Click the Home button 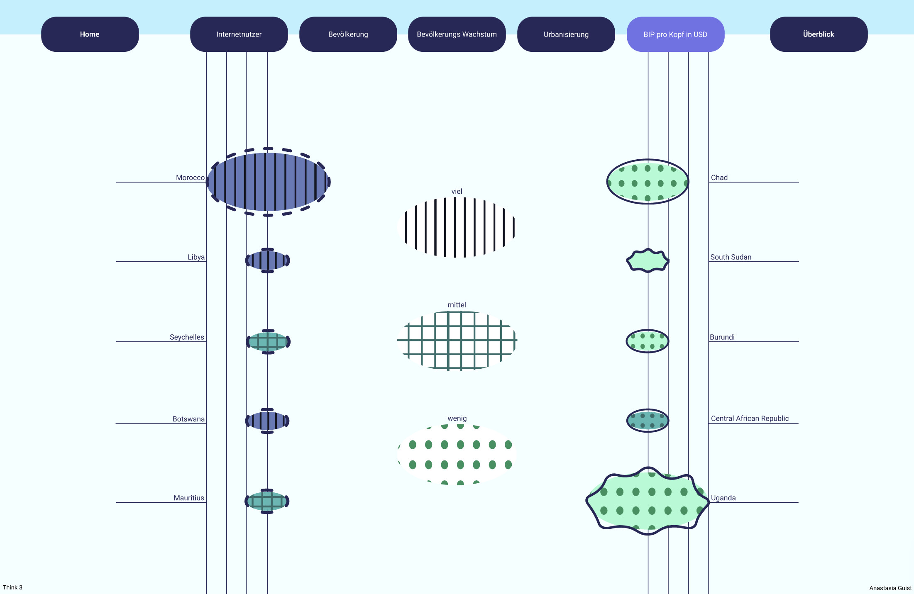tap(90, 34)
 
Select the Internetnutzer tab tap(239, 34)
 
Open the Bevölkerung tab tap(348, 34)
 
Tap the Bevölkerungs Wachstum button tap(457, 34)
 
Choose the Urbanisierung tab tap(566, 34)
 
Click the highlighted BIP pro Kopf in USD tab tap(676, 34)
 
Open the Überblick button tap(819, 34)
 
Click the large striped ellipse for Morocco tap(268, 182)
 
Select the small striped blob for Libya tap(268, 260)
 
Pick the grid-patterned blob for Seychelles tap(268, 342)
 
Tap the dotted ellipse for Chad tap(648, 182)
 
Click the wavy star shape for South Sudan tap(648, 260)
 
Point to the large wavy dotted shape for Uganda tap(648, 501)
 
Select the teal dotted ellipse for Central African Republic tap(648, 421)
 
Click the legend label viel tap(457, 191)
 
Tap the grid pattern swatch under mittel tap(457, 341)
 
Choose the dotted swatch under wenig tap(457, 455)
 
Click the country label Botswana tap(188, 419)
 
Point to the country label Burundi tap(722, 337)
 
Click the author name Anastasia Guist tap(890, 588)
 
